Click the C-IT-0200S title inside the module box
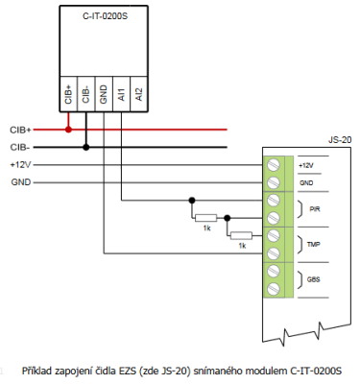click(x=101, y=16)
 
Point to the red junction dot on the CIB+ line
click(x=68, y=128)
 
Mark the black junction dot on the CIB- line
click(x=86, y=147)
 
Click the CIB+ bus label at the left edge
click(x=20, y=128)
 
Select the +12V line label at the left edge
click(x=20, y=164)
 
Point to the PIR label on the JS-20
click(x=315, y=208)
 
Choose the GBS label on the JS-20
click(x=315, y=279)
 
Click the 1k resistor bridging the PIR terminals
click(x=205, y=216)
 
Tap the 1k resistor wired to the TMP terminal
click(x=241, y=234)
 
